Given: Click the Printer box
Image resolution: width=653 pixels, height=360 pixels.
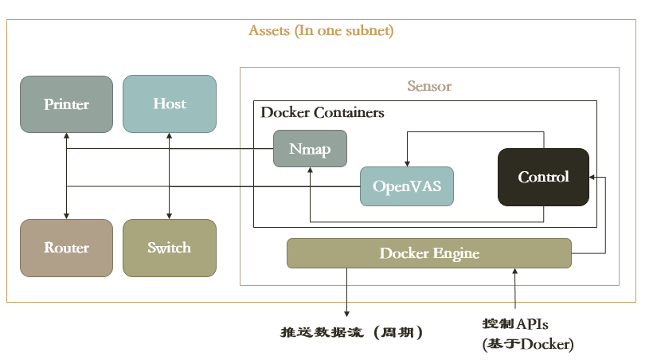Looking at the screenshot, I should pos(66,104).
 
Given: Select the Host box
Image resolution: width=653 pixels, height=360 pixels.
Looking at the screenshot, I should pos(169,104).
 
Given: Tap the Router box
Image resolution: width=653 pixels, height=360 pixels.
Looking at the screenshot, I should pos(66,248).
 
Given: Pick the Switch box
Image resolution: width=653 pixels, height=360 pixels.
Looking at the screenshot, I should pos(169,248).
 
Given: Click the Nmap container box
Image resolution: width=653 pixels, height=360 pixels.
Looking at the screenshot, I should pos(310,149).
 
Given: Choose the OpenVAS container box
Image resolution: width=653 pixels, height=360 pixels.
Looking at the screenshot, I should pos(406,186).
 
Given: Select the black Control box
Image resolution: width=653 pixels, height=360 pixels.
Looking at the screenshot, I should pos(543,177).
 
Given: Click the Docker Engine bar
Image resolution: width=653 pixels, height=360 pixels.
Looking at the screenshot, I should pos(428,253).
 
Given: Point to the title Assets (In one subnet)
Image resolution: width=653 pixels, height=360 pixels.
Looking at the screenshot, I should pos(321,31).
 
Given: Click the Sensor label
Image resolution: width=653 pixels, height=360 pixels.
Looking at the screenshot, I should pos(429,86).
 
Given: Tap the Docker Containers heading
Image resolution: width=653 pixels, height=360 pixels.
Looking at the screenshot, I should pos(323,112).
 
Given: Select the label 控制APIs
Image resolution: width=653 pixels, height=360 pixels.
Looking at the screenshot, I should pos(515,323).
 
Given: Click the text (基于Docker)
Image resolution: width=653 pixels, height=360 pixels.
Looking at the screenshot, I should pos(527,344).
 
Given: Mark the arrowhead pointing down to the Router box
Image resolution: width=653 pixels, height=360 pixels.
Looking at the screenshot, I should pos(67,215).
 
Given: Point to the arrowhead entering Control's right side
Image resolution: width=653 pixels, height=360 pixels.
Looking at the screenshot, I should pos(593,177).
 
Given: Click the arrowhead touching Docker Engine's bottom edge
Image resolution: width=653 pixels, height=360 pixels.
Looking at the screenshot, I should pos(515,272).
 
